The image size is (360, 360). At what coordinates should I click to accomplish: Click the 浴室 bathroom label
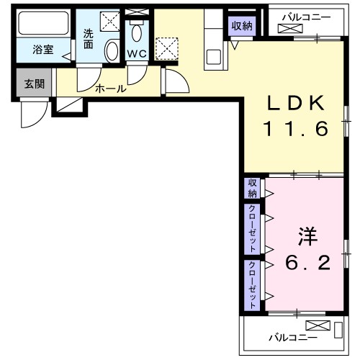click(42, 51)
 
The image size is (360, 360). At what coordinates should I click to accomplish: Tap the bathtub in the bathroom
click(42, 26)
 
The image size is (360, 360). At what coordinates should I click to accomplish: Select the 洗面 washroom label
click(88, 37)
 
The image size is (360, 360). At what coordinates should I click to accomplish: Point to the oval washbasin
click(112, 51)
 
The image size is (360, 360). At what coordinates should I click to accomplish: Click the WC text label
click(137, 54)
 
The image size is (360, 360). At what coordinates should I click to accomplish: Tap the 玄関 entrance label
click(34, 84)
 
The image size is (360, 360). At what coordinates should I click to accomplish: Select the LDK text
click(294, 103)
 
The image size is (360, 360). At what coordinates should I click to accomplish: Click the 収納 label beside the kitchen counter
click(242, 25)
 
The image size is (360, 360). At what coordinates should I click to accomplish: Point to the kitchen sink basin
click(214, 56)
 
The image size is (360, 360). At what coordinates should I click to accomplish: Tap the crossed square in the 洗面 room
click(110, 22)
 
